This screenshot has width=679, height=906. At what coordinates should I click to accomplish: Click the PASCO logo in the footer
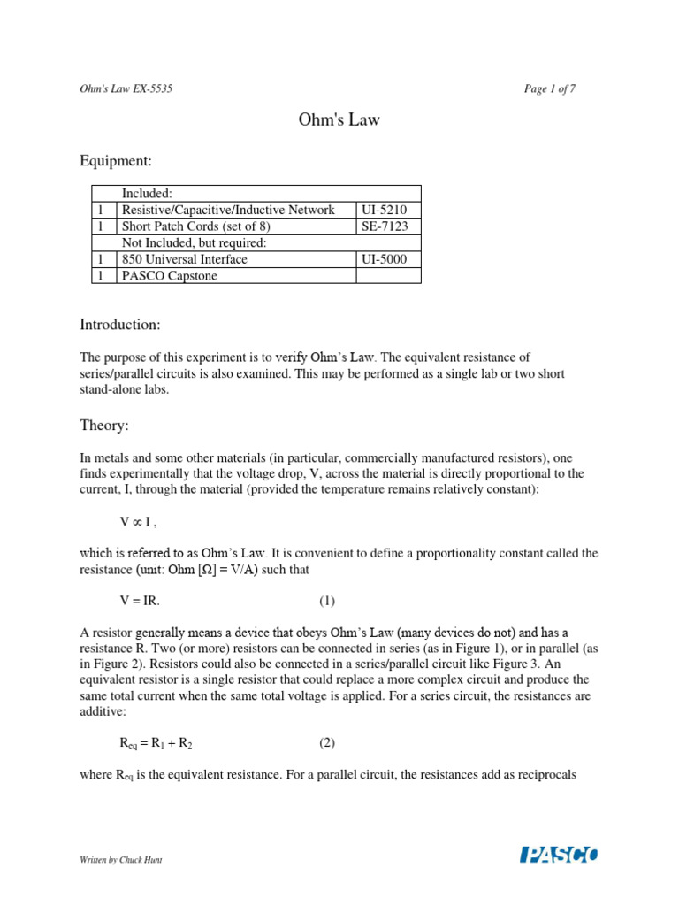coord(559,855)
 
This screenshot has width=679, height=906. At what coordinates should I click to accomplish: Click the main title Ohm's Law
coord(339,119)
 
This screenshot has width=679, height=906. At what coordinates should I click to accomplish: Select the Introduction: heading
coord(120,325)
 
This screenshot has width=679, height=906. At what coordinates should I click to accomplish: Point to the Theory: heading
coord(104,426)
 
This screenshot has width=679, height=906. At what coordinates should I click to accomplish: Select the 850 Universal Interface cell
coord(185,259)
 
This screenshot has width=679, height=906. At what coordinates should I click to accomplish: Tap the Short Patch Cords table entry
coord(196,226)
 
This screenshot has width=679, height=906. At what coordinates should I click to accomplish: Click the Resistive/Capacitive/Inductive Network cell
coord(228,210)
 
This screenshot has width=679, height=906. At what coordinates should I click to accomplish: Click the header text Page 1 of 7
coord(550,89)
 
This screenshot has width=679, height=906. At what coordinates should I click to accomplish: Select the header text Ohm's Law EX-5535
coord(126,89)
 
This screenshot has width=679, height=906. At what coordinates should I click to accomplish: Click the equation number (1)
coord(327,601)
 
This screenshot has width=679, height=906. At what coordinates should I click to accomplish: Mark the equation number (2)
coord(327,743)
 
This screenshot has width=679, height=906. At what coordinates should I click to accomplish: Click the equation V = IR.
coord(141,601)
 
